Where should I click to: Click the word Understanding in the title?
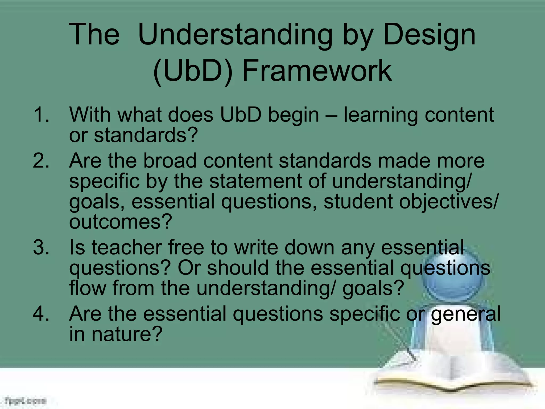[x=235, y=35]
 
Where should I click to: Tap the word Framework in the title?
[x=317, y=71]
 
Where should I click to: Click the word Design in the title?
[x=429, y=35]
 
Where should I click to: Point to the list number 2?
[x=41, y=161]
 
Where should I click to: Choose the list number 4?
[x=41, y=314]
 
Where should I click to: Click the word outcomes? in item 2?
[x=121, y=222]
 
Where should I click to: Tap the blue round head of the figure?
[x=452, y=277]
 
